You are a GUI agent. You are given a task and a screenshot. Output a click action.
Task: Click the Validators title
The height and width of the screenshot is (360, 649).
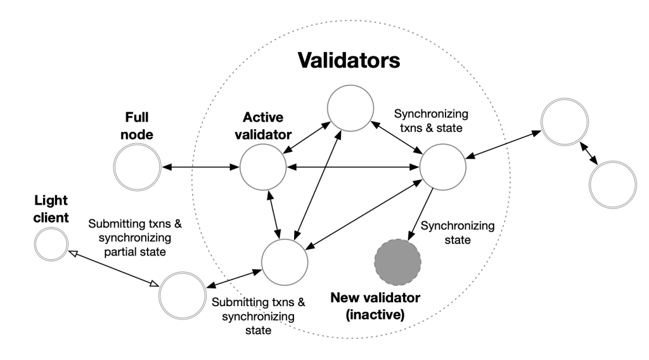point(349,60)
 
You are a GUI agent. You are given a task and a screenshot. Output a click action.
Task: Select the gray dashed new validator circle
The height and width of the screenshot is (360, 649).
point(398,262)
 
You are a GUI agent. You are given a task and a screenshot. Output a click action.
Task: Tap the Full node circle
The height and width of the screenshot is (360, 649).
point(137,167)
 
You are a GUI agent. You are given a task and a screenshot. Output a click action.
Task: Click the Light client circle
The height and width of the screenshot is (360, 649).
point(51,244)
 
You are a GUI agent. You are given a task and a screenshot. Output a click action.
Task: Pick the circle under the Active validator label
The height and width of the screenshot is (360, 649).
point(263,167)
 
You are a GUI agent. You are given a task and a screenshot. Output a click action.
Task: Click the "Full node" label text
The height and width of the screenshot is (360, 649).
point(137,125)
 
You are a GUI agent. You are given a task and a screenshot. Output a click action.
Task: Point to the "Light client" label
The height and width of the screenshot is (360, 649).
point(51,209)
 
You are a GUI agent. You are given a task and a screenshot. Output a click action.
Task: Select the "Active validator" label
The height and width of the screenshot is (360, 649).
point(263,125)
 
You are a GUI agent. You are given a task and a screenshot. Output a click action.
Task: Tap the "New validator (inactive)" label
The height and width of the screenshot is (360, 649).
point(375,306)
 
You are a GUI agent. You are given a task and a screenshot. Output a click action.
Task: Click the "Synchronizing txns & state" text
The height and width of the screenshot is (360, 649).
point(431,121)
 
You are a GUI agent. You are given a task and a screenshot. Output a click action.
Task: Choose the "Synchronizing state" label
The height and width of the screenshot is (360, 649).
point(458,233)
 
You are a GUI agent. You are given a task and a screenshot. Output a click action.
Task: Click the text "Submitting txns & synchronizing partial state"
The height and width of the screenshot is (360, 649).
point(135,238)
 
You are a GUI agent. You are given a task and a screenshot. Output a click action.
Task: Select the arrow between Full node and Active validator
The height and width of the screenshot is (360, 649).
point(201,167)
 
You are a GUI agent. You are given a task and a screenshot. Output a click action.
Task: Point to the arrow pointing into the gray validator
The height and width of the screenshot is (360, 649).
point(421,214)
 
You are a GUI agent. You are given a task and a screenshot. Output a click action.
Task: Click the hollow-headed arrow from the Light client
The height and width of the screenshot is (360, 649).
point(113,268)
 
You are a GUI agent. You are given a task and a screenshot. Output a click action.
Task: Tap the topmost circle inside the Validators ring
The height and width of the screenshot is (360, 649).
point(350,108)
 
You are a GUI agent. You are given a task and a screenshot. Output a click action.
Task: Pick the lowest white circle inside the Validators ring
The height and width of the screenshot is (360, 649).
point(285,262)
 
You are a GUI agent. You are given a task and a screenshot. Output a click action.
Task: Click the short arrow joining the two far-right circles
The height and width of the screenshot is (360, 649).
point(589,153)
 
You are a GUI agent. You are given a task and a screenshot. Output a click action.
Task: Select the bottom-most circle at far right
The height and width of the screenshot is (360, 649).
point(613,184)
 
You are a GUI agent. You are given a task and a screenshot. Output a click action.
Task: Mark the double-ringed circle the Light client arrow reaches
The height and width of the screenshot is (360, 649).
point(183,295)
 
